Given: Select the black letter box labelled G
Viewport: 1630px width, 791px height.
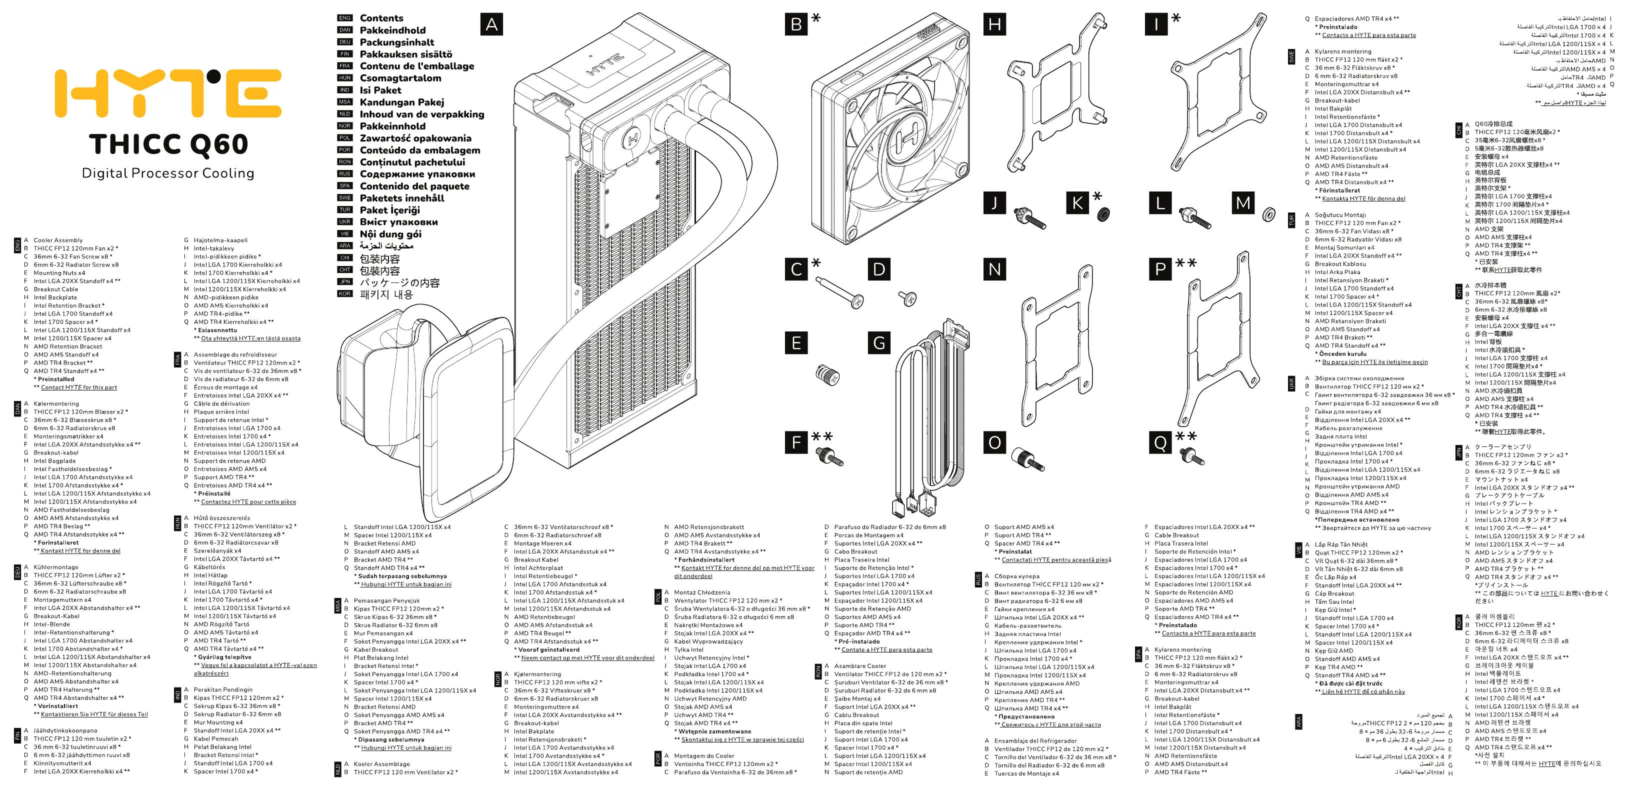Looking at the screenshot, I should (879, 343).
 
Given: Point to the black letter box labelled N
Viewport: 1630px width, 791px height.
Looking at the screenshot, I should (994, 269).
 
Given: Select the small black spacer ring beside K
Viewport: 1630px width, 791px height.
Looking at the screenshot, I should (1103, 214).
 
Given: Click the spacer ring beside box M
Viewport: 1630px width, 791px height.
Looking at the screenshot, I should (1268, 215).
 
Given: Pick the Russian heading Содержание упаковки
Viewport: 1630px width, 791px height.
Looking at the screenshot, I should (417, 174).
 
